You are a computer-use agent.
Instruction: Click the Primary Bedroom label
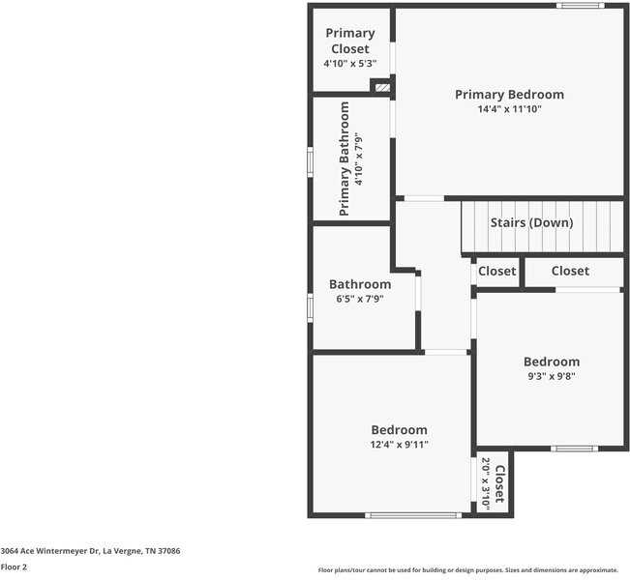pyautogui.click(x=509, y=95)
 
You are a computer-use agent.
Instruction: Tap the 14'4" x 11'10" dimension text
pyautogui.click(x=509, y=109)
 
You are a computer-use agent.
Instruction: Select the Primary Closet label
pyautogui.click(x=350, y=41)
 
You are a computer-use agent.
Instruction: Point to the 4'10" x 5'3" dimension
pyautogui.click(x=350, y=64)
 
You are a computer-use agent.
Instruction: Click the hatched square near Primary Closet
pyautogui.click(x=382, y=87)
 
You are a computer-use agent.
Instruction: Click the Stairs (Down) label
pyautogui.click(x=531, y=222)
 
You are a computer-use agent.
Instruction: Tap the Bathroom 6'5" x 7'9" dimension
pyautogui.click(x=360, y=299)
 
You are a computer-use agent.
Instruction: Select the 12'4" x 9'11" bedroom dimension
pyautogui.click(x=399, y=445)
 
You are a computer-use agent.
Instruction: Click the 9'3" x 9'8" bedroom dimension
pyautogui.click(x=552, y=376)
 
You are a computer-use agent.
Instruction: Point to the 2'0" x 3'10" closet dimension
pyautogui.click(x=486, y=484)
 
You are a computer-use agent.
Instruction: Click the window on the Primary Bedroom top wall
pyautogui.click(x=581, y=6)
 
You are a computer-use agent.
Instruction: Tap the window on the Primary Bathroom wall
pyautogui.click(x=311, y=161)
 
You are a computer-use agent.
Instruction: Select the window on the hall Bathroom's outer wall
pyautogui.click(x=311, y=307)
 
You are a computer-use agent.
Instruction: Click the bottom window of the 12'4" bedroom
pyautogui.click(x=413, y=515)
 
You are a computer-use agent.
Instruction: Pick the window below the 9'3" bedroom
pyautogui.click(x=575, y=449)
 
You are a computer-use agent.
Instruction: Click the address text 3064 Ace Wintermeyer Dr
pyautogui.click(x=49, y=551)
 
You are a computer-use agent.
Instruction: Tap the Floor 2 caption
pyautogui.click(x=14, y=567)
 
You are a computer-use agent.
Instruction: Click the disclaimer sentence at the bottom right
pyautogui.click(x=468, y=570)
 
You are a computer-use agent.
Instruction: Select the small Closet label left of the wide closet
pyautogui.click(x=497, y=272)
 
